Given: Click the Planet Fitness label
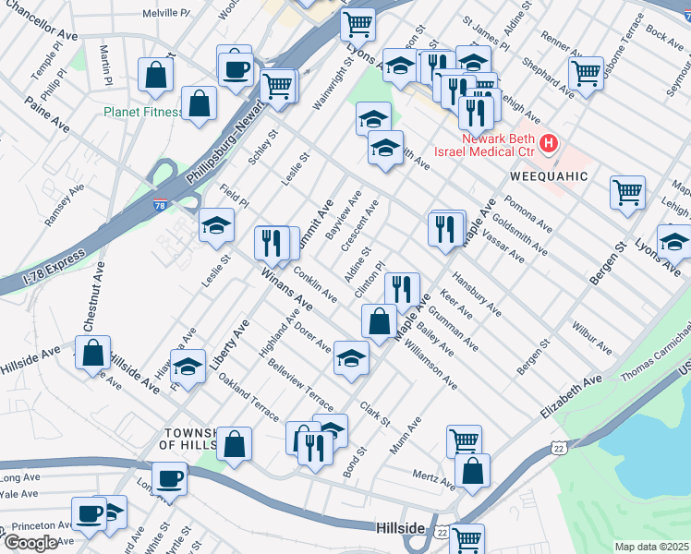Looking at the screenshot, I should (142, 114).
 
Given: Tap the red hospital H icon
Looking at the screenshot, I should (550, 145).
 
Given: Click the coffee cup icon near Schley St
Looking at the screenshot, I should (236, 68).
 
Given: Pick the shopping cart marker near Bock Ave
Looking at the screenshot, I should (586, 72).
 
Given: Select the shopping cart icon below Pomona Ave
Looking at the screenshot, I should (627, 192).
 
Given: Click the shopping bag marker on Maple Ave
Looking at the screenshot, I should (379, 322).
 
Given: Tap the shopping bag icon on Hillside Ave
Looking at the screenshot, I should (93, 353).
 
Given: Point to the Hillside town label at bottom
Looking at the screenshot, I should (401, 528).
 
